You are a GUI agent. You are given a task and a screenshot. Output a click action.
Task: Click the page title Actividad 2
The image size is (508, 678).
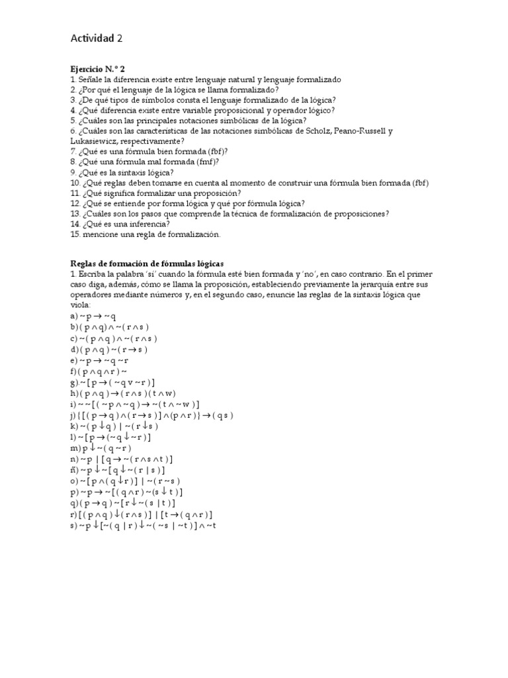[97, 38]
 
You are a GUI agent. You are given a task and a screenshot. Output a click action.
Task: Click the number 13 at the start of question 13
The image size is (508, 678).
[75, 214]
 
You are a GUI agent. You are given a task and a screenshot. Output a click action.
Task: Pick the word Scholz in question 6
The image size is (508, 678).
[319, 131]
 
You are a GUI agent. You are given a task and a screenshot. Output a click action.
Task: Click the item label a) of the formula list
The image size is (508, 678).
[73, 317]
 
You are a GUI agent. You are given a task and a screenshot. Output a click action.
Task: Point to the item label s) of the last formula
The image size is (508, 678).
[73, 525]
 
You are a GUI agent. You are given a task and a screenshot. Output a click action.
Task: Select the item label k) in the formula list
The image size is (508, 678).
[74, 426]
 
